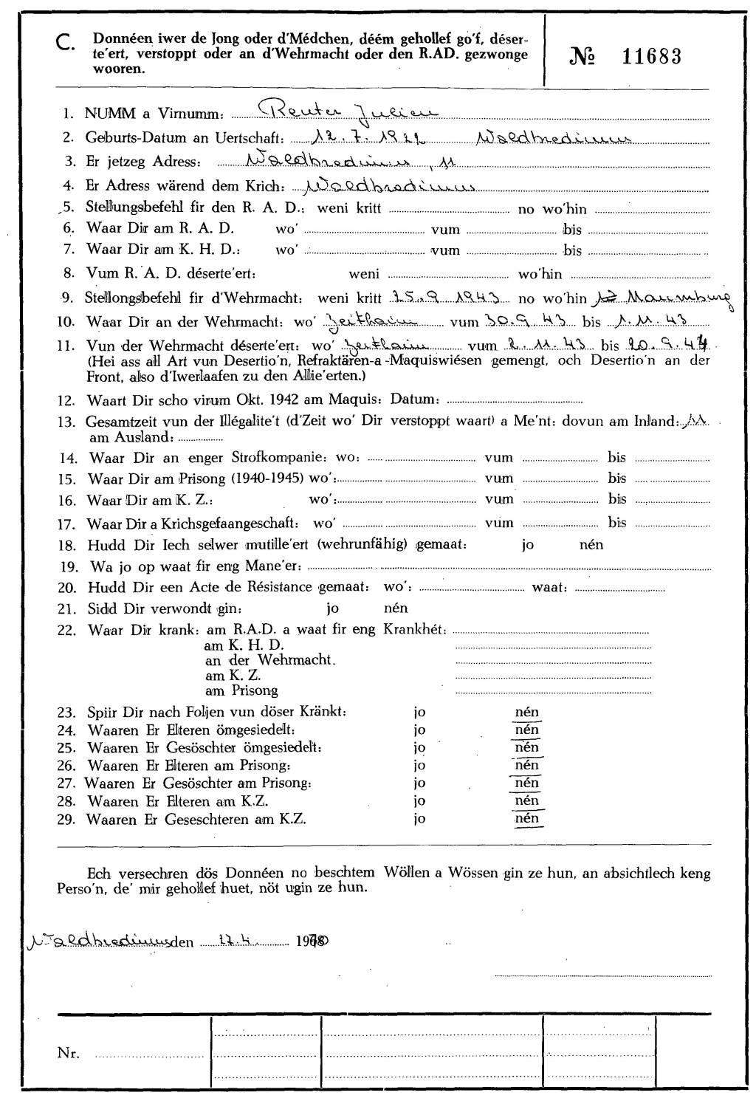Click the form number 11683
click(651, 57)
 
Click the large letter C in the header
click(65, 44)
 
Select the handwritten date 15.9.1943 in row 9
click(449, 298)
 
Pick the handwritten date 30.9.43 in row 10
click(516, 321)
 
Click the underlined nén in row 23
click(527, 713)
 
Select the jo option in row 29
click(419, 819)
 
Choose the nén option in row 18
click(591, 545)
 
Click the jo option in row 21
click(333, 608)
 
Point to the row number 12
click(66, 401)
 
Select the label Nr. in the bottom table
click(68, 1054)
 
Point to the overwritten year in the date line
click(315, 941)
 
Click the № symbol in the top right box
click(583, 57)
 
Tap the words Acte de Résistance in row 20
click(251, 588)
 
